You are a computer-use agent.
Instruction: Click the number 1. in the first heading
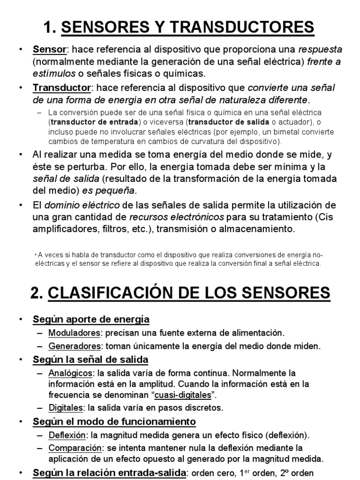pos(50,27)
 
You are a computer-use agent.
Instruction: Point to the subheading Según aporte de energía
pos(91,320)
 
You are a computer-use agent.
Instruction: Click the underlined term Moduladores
pos(75,333)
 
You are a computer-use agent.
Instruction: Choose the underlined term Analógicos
pos(70,374)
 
